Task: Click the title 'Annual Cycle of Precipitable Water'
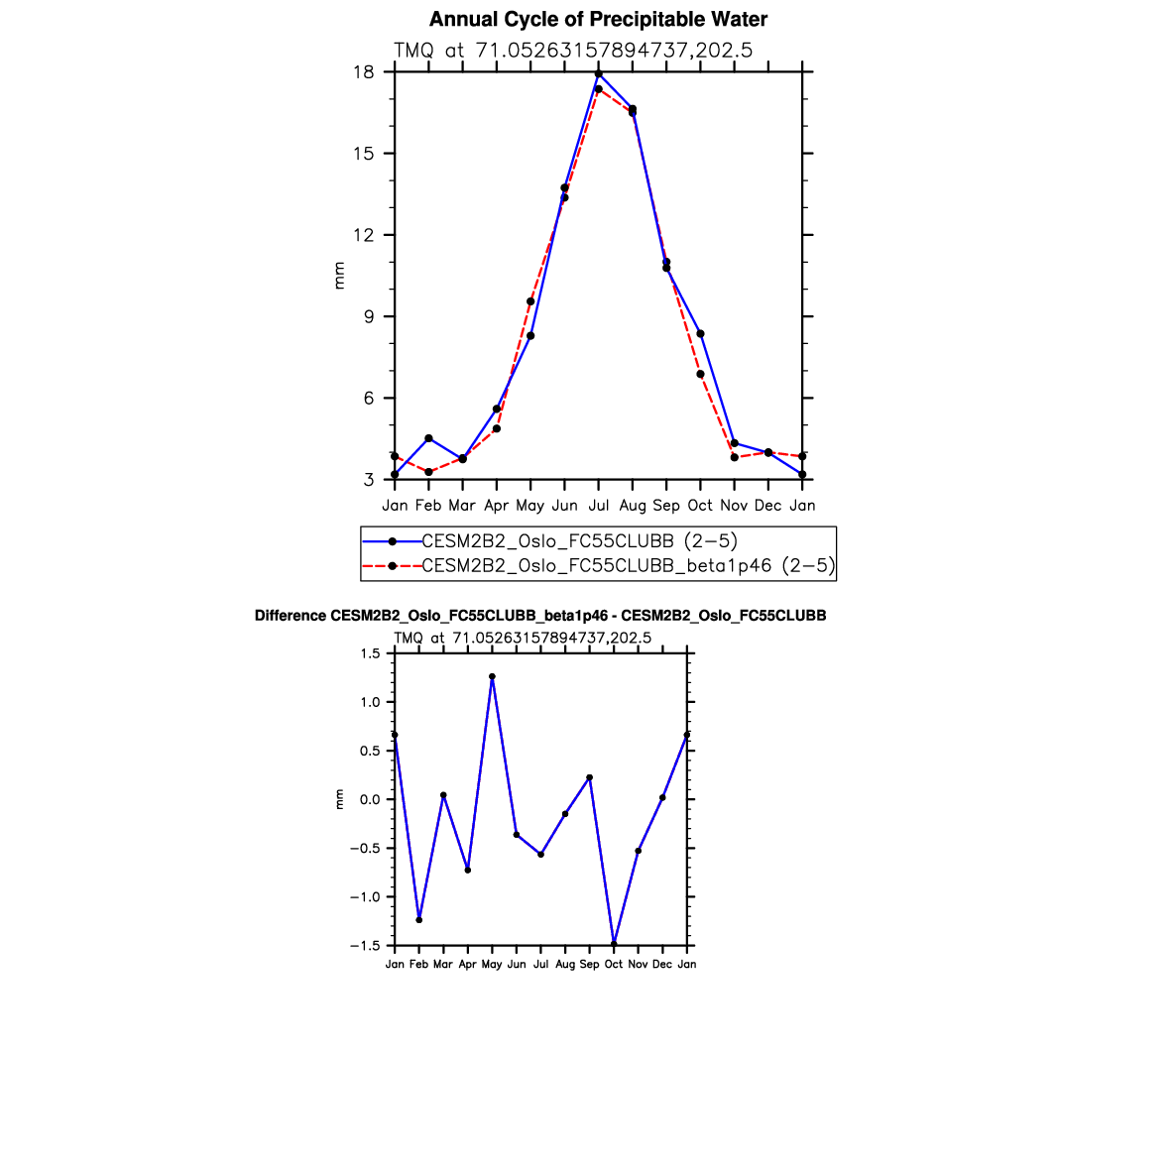(598, 20)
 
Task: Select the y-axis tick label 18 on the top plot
(363, 72)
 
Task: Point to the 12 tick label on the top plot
(363, 235)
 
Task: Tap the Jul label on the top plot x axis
(598, 506)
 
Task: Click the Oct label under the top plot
(700, 506)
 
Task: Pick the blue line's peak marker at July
(599, 74)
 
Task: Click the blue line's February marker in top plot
(428, 438)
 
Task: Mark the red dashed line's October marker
(700, 374)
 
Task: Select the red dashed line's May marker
(530, 301)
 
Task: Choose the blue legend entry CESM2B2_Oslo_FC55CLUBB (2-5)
(580, 541)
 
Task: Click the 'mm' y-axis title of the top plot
(340, 276)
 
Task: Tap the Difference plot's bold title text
(540, 616)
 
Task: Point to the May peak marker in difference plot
(492, 676)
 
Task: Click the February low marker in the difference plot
(419, 920)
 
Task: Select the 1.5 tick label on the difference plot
(371, 653)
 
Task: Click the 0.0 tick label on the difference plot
(371, 799)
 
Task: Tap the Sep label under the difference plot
(589, 964)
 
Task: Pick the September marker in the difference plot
(589, 777)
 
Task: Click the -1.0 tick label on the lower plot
(367, 897)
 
